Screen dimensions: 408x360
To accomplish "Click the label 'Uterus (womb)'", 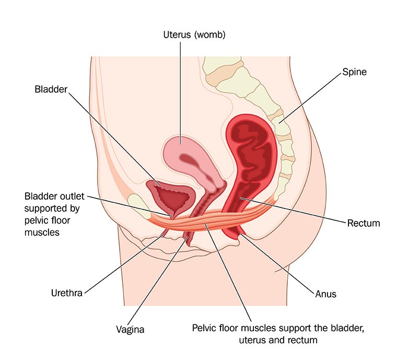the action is point(194,34).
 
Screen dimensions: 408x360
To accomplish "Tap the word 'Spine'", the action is point(354,72).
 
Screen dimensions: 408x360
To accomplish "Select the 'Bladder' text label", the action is point(51,89).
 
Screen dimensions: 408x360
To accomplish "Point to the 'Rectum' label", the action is point(364,223).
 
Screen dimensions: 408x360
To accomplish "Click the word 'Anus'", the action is point(326,294).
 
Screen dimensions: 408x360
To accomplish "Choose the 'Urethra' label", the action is point(67,293).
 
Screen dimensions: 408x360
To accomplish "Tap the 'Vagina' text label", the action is point(130,330).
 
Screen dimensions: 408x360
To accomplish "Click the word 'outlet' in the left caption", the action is point(71,196).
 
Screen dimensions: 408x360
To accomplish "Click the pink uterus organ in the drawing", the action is point(182,156).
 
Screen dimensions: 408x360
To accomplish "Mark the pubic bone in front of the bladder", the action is point(139,206).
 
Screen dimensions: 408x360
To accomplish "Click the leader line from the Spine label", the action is point(310,98).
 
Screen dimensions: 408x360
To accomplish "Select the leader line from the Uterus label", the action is point(180,93).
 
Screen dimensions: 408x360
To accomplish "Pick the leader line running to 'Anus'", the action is point(277,264).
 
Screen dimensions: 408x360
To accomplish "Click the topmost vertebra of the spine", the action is point(223,64).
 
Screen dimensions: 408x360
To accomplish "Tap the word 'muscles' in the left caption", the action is point(42,233).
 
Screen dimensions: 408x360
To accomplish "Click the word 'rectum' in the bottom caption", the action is point(304,340).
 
